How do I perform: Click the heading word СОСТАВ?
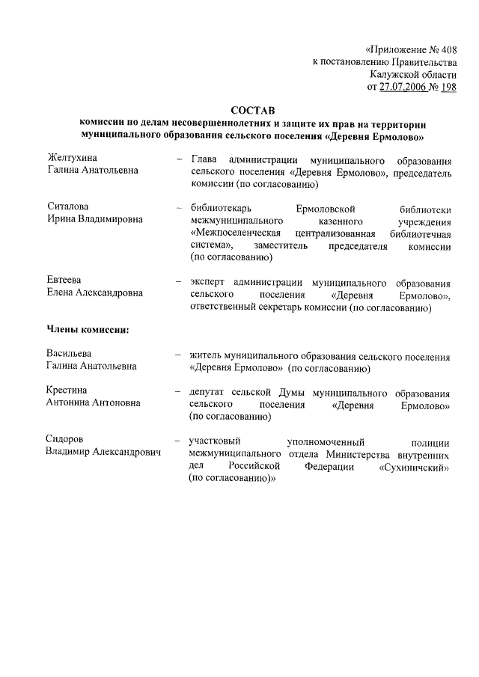(253, 111)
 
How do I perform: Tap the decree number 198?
(448, 87)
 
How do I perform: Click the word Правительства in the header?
(419, 61)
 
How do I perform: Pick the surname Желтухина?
(73, 158)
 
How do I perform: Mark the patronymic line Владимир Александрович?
(104, 453)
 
